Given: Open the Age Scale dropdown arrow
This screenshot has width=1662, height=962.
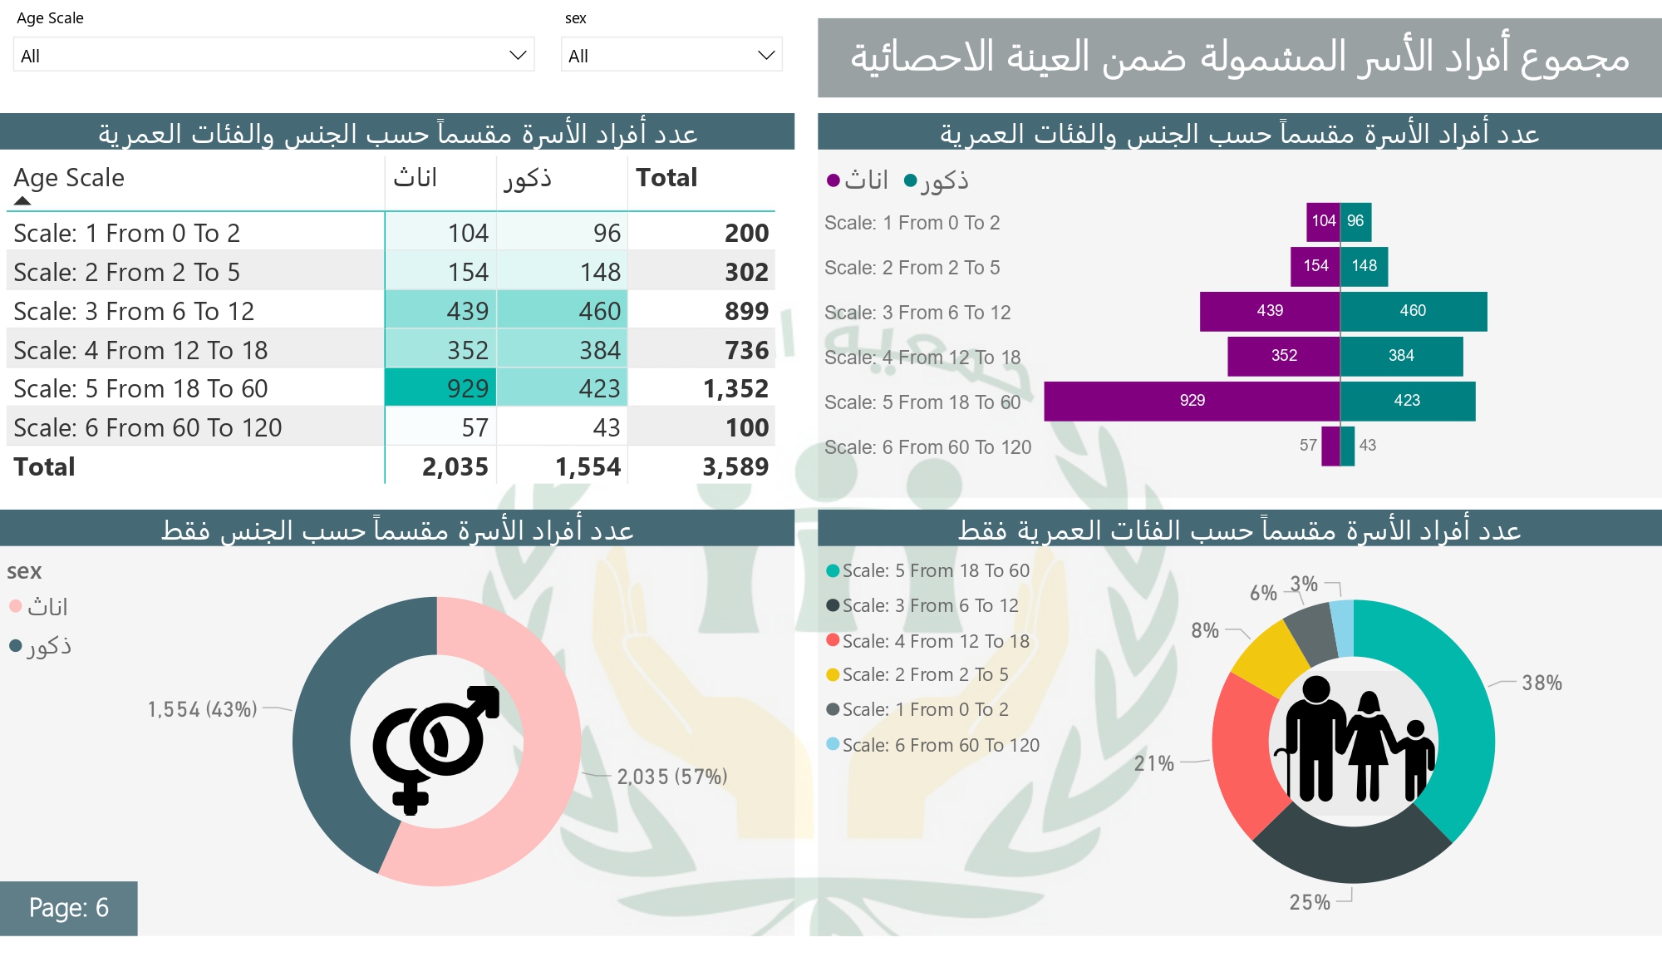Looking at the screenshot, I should pyautogui.click(x=518, y=56).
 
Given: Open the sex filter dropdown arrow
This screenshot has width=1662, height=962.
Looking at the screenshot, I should pyautogui.click(x=765, y=56).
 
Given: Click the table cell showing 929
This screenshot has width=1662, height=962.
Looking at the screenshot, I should pyautogui.click(x=441, y=388).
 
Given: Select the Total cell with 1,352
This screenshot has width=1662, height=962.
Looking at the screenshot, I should pyautogui.click(x=735, y=388).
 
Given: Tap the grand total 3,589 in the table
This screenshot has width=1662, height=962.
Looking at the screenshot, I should pyautogui.click(x=735, y=466).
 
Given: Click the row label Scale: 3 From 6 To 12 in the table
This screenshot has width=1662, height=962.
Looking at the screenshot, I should pyautogui.click(x=134, y=311).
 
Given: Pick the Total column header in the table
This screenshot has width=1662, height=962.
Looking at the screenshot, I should pyautogui.click(x=666, y=178).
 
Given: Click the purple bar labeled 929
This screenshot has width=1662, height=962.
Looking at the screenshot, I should pyautogui.click(x=1192, y=401).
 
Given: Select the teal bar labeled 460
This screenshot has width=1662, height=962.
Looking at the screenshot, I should pyautogui.click(x=1413, y=311).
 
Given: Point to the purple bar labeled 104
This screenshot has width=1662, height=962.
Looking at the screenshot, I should pyautogui.click(x=1323, y=221).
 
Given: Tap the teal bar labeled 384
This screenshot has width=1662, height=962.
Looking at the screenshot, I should pyautogui.click(x=1401, y=356).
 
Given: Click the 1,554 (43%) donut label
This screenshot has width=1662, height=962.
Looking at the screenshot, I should pyautogui.click(x=202, y=709).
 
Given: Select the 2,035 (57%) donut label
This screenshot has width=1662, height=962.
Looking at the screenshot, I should pyautogui.click(x=671, y=777).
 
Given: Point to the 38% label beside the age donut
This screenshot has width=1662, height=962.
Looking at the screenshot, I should pyautogui.click(x=1542, y=683).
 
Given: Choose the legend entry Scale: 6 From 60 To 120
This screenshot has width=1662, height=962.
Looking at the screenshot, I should pyautogui.click(x=940, y=745).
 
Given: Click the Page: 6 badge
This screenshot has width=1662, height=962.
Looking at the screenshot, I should pyautogui.click(x=69, y=907).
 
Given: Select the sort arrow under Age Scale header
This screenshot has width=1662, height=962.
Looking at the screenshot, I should pyautogui.click(x=22, y=200).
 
